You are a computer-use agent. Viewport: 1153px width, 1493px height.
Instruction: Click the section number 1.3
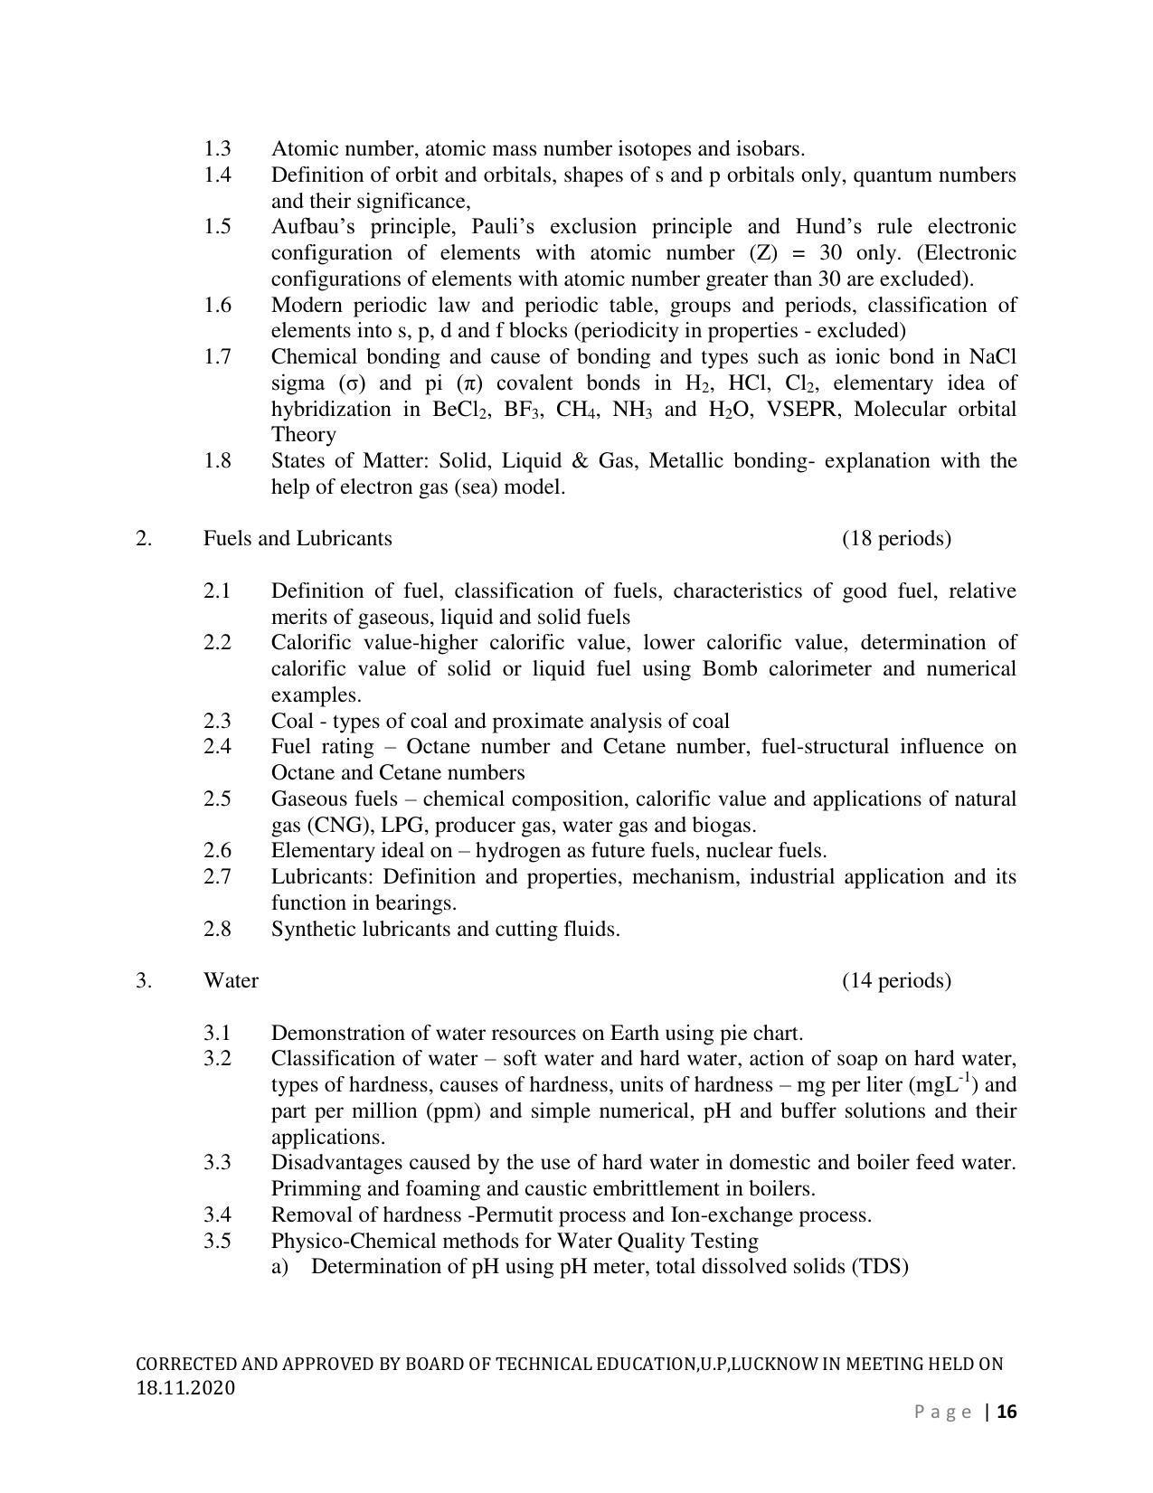(217, 148)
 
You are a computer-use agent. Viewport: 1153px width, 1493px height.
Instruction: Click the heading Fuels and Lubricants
(298, 539)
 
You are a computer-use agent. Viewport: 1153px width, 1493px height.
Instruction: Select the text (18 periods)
(896, 539)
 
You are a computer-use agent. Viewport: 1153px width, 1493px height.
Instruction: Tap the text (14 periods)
(896, 981)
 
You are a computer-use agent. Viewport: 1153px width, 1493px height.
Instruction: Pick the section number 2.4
(217, 747)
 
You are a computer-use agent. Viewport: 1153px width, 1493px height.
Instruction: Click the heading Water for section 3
(231, 981)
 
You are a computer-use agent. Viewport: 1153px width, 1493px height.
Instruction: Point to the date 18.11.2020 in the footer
(185, 1388)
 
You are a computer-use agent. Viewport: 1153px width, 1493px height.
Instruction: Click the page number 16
(1007, 1413)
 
